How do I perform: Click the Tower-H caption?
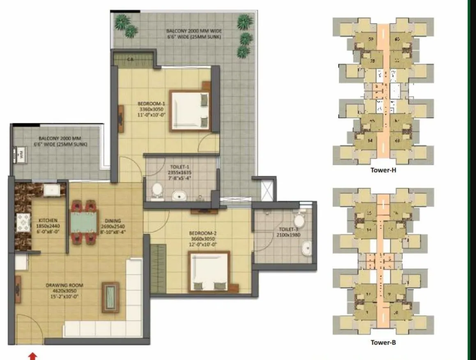(383, 170)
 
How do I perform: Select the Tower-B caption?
(383, 342)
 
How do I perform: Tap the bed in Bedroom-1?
(190, 110)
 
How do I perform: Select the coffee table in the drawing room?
(110, 297)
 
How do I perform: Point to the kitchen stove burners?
(23, 224)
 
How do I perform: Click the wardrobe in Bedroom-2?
(158, 263)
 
